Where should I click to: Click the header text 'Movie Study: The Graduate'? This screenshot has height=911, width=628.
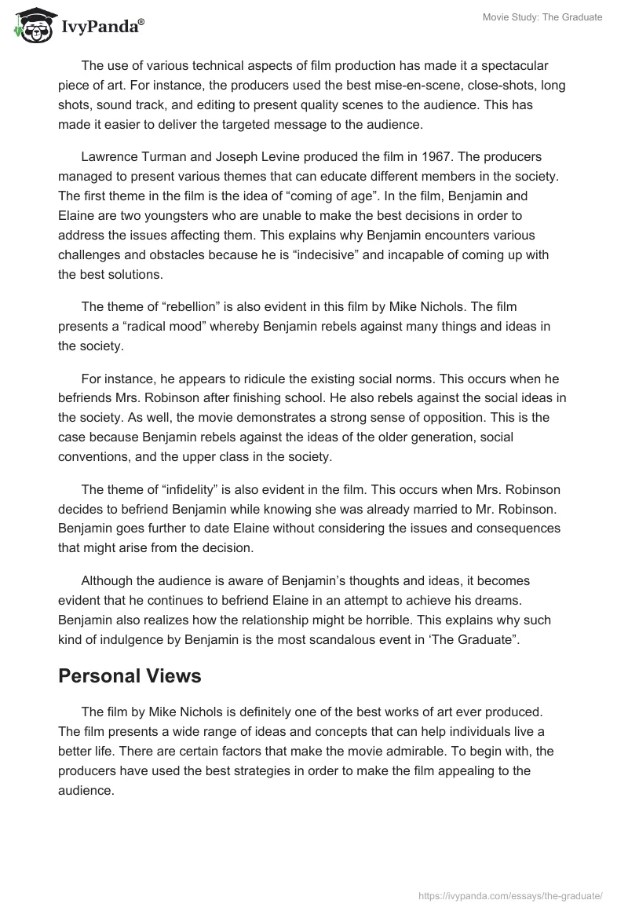[x=542, y=17]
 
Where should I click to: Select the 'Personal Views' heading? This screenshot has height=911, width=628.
[x=130, y=676]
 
